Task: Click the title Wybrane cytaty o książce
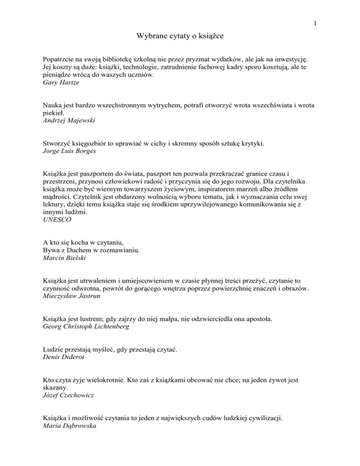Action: (x=180, y=36)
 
